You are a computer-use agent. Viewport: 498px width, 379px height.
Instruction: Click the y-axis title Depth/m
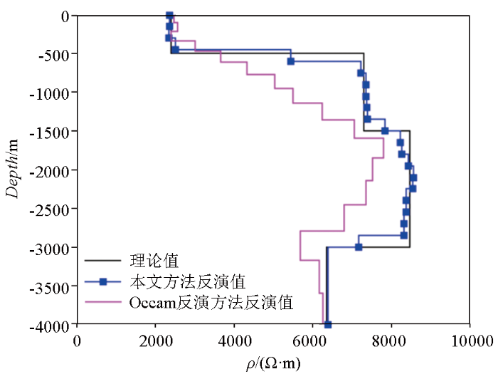pyautogui.click(x=14, y=169)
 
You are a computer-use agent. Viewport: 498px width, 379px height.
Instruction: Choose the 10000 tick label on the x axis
pyautogui.click(x=470, y=341)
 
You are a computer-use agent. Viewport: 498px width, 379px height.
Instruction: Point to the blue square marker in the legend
pyautogui.click(x=103, y=281)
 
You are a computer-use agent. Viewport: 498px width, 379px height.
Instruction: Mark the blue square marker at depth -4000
pyautogui.click(x=328, y=325)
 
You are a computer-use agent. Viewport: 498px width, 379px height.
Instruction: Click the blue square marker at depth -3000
pyautogui.click(x=359, y=247)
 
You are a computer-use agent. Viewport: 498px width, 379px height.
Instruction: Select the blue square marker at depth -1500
pyautogui.click(x=385, y=131)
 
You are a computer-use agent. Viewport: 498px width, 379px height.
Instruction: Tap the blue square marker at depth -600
pyautogui.click(x=290, y=61)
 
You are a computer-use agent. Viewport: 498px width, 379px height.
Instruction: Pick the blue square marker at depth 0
pyautogui.click(x=169, y=15)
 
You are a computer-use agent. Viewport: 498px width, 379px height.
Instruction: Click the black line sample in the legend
pyautogui.click(x=103, y=261)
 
